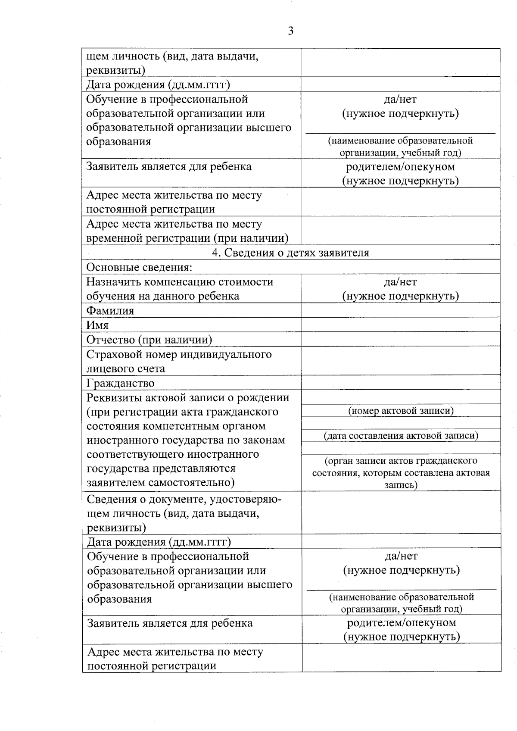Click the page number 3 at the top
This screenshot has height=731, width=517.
pos(290,31)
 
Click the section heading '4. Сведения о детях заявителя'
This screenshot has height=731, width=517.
pos(290,253)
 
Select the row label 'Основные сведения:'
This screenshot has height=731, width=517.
pos(139,267)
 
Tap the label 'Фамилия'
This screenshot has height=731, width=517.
pos(110,310)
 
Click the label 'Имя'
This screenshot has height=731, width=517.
pos(98,325)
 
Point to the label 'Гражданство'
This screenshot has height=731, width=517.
pos(120,383)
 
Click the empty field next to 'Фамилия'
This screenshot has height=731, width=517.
pos(400,310)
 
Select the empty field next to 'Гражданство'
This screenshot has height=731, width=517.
pos(400,383)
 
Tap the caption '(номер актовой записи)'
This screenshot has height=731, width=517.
pos(401,410)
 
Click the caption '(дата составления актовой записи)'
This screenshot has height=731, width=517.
pos(401,435)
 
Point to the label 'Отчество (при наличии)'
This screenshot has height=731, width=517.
pos(149,340)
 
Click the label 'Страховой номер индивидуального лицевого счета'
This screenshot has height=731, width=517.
pos(179,361)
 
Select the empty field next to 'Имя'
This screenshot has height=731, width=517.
pos(400,325)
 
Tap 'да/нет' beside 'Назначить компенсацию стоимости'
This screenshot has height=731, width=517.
pos(400,282)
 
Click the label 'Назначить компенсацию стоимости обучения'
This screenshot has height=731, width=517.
pos(180,289)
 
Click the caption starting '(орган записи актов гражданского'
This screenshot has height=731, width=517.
pos(401,472)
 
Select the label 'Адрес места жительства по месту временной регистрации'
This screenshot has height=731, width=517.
pos(187,231)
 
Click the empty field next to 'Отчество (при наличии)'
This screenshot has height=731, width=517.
pos(400,340)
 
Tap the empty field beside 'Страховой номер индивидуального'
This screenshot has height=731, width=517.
pos(400,361)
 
